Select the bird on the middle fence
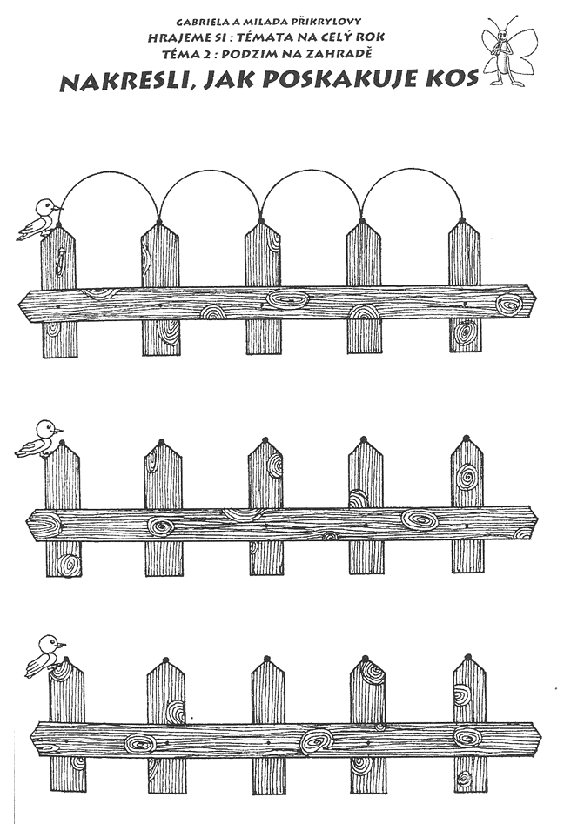tap(39, 439)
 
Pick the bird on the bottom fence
tap(46, 656)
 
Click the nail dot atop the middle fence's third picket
tap(264, 439)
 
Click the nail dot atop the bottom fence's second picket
tap(166, 660)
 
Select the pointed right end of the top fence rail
tap(536, 300)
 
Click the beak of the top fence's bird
tap(59, 208)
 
